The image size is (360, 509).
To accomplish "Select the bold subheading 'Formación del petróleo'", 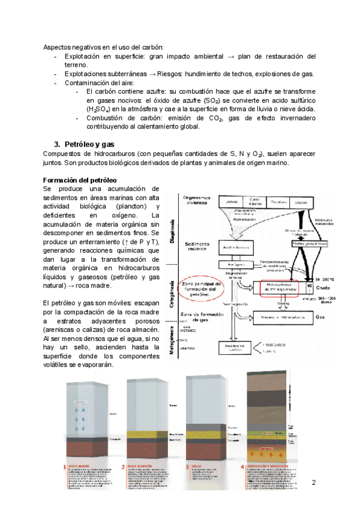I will pos(80,181).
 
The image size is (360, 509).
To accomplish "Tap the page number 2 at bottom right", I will pos(313,484).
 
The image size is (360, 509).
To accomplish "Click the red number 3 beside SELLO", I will pos(187,466).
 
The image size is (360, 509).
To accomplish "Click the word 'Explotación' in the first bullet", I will pos(84,56).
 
